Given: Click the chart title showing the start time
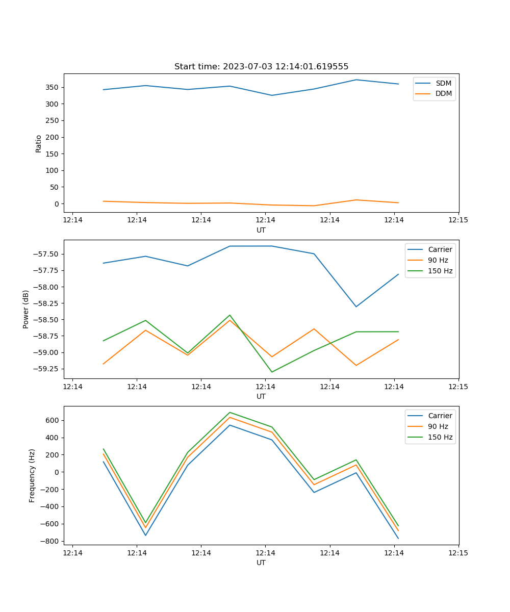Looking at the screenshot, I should click(x=261, y=67).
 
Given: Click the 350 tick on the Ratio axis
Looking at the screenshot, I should click(x=53, y=87).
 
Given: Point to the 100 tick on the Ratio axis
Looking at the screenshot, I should click(x=53, y=170).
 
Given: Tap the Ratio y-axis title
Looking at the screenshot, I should click(x=39, y=143).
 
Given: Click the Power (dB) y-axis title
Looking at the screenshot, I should click(x=26, y=309).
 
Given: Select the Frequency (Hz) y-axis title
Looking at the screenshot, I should click(x=32, y=475).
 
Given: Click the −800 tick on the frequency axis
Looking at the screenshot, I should click(x=50, y=541).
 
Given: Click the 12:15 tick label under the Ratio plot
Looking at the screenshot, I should click(x=458, y=220).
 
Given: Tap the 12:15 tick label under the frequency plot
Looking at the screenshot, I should click(x=458, y=553).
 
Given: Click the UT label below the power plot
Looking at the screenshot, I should click(x=261, y=396).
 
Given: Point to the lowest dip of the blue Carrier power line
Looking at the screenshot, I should click(x=356, y=307).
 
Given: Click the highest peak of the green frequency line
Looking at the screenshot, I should click(x=229, y=412).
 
